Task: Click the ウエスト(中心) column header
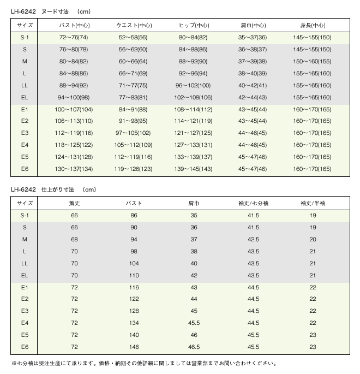click(x=134, y=25)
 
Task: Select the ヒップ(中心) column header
click(x=194, y=25)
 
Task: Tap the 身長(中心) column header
click(x=313, y=25)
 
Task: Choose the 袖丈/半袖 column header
click(x=313, y=203)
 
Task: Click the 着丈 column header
click(x=75, y=203)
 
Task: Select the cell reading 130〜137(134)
click(x=75, y=169)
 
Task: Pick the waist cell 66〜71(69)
click(x=134, y=73)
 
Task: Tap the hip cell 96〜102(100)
click(x=194, y=85)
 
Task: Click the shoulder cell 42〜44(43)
click(x=253, y=97)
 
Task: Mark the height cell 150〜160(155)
click(x=313, y=61)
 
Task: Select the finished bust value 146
click(x=134, y=347)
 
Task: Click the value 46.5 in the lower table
click(x=194, y=347)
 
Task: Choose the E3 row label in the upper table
click(x=25, y=133)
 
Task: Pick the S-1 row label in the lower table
click(x=25, y=215)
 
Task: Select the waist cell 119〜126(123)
click(x=134, y=169)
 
